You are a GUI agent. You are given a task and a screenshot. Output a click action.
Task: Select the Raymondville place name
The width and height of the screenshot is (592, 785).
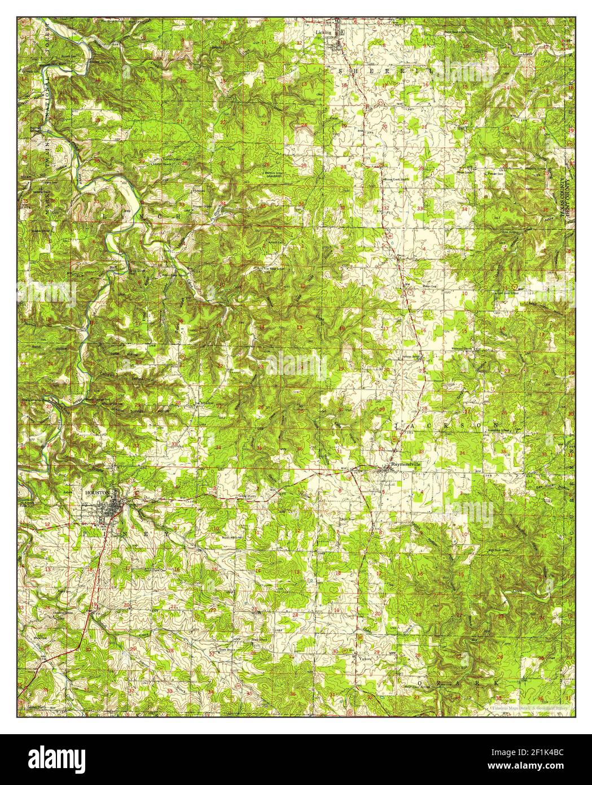coord(406,464)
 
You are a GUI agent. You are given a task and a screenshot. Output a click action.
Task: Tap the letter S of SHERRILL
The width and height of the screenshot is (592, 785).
coord(340,71)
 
